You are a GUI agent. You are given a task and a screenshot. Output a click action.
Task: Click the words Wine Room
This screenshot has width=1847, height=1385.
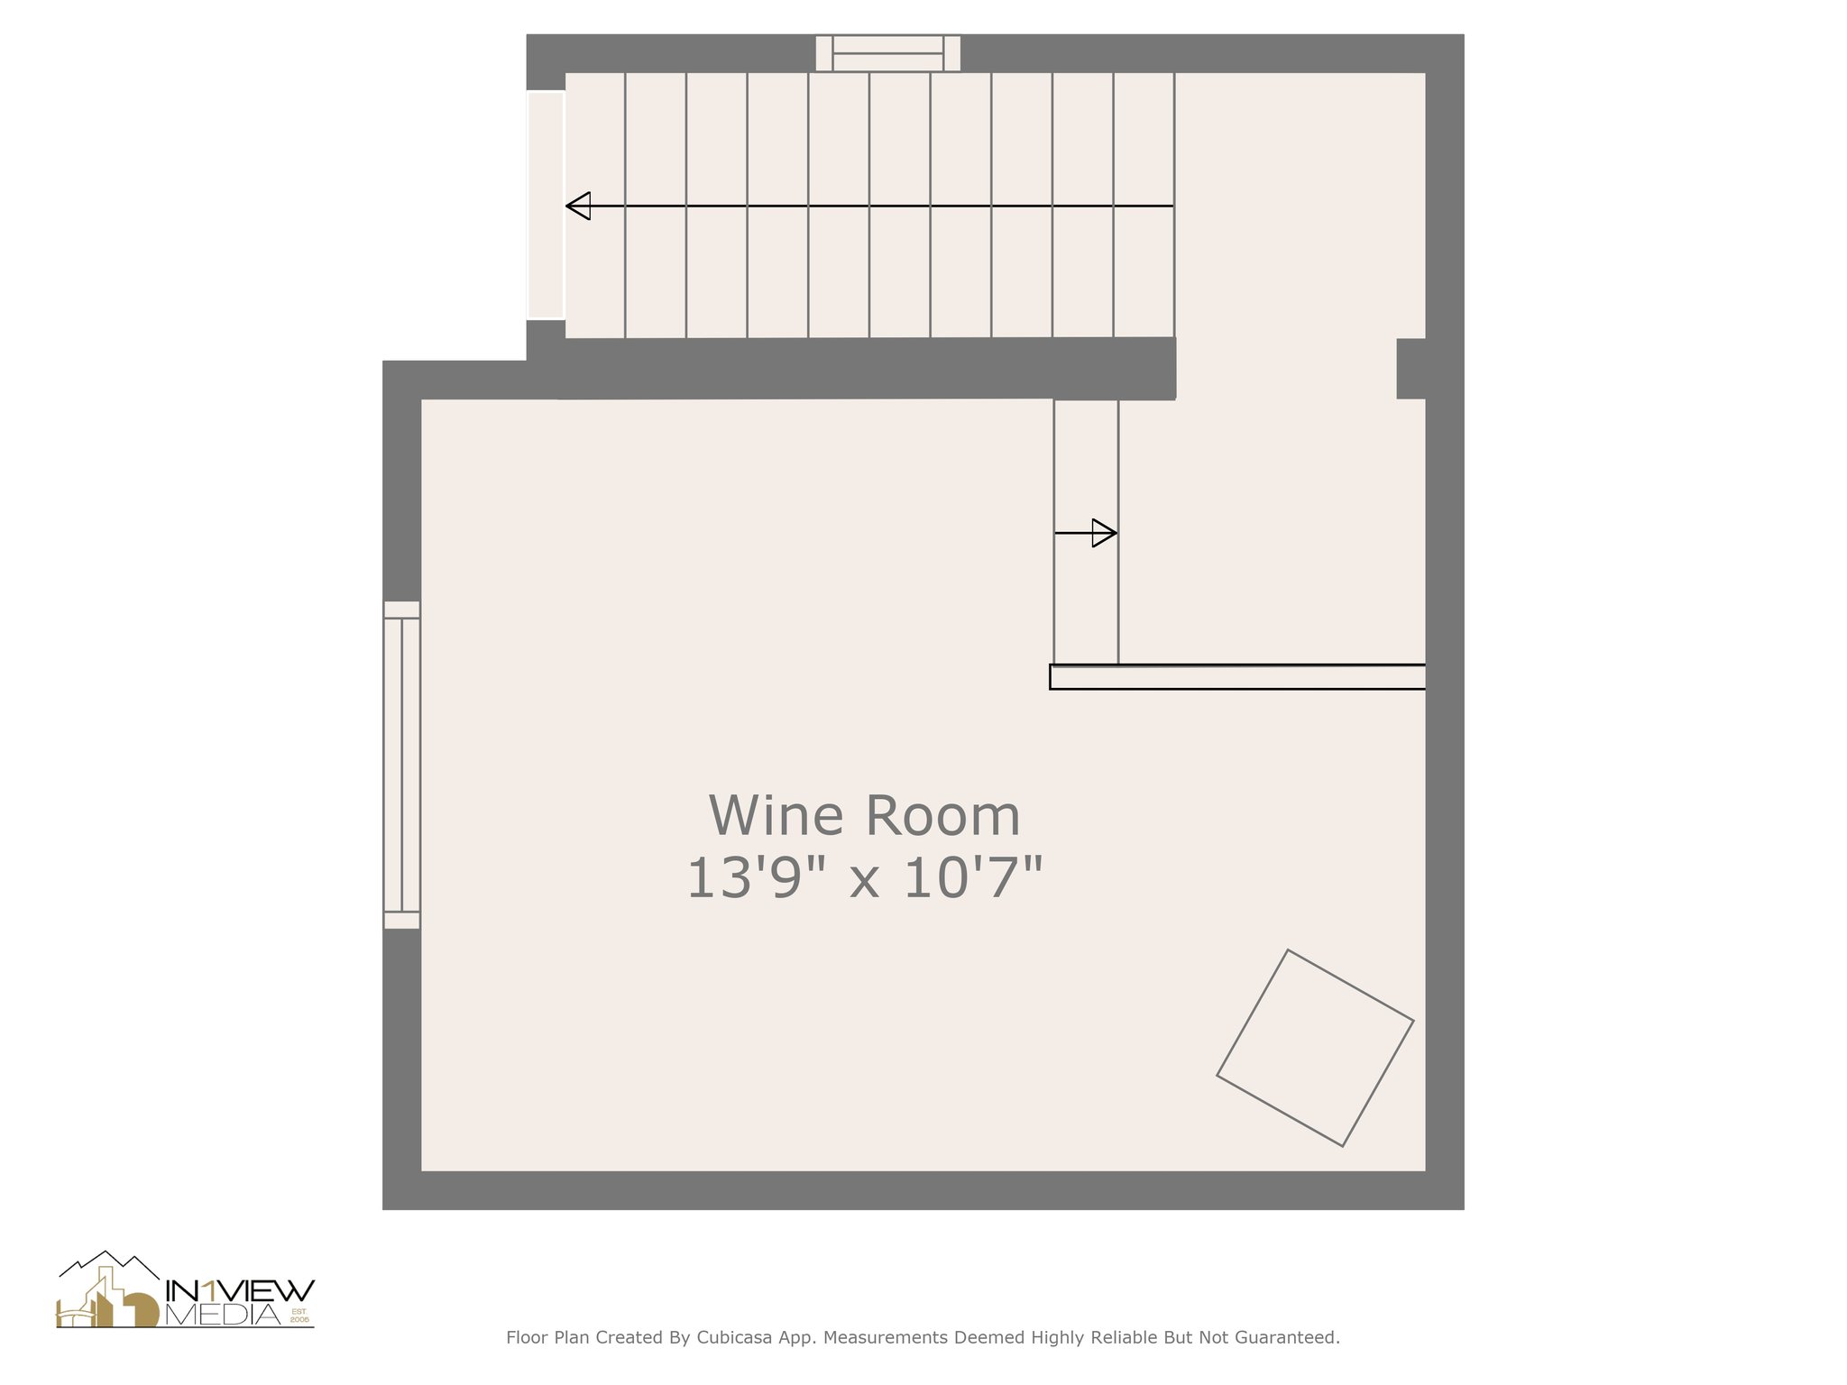(x=864, y=815)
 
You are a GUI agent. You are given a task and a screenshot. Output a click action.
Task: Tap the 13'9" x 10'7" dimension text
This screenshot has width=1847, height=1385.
(x=864, y=879)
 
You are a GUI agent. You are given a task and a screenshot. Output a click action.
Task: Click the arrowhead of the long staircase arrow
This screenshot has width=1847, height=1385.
(x=578, y=206)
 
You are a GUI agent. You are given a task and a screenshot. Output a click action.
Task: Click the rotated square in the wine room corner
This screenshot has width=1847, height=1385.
(x=1315, y=1048)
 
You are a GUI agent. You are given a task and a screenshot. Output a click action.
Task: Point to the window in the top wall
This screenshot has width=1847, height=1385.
(x=887, y=53)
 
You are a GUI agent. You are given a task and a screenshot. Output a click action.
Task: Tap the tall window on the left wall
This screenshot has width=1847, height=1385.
(x=402, y=765)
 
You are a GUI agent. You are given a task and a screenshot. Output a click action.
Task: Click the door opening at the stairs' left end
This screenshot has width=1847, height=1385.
(x=546, y=206)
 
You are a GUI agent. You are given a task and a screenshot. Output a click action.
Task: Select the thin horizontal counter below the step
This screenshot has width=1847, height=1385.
(x=1237, y=677)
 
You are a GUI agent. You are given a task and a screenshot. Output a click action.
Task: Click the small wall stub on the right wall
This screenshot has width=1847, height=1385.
(x=1411, y=368)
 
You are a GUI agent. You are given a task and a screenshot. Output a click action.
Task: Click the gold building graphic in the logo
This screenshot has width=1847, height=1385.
(x=108, y=1303)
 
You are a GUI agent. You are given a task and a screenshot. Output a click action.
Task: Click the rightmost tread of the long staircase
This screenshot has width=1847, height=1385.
(x=1144, y=206)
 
